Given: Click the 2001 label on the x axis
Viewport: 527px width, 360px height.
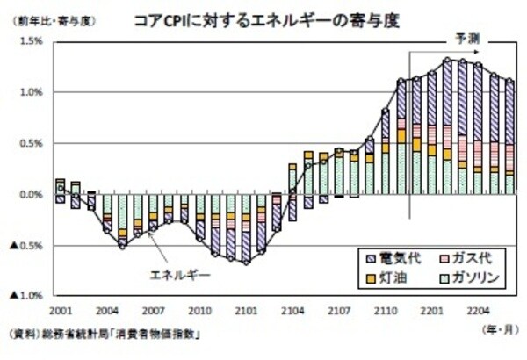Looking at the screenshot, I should pos(61,311).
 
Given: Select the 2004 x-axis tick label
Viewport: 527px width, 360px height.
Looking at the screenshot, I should pos(107,311).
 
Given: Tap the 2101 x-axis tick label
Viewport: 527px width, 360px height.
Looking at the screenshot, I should pos(247,311).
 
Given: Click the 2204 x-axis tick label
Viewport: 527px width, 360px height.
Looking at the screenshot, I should pos(479,311).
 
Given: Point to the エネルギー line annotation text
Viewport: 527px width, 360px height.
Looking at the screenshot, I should pos(183,275).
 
